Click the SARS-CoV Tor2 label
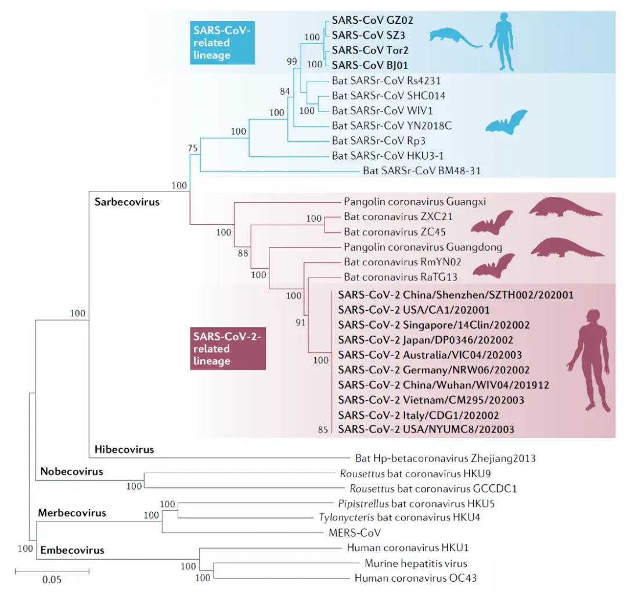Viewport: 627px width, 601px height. point(370,50)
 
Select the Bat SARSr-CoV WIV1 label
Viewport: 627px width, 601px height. point(382,110)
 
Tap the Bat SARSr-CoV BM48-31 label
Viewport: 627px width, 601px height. point(421,171)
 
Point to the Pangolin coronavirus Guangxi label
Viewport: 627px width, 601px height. point(415,201)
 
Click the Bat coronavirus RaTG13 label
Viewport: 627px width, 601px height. point(400,277)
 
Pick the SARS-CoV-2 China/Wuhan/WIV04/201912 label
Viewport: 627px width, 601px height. point(443,384)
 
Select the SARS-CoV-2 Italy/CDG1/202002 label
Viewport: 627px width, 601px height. point(418,415)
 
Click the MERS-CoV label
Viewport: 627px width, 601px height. point(354,532)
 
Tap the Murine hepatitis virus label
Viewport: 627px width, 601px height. point(416,563)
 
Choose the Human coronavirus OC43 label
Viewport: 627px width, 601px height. point(416,578)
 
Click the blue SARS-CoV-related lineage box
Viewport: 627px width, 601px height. point(222,42)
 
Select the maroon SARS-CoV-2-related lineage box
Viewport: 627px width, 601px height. point(228,348)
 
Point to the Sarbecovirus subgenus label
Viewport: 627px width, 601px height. point(127,202)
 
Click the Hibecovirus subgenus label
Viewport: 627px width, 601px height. point(124,449)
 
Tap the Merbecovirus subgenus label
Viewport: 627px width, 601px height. point(72,513)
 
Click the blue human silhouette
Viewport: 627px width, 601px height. point(503,42)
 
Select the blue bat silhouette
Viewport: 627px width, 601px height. point(506,121)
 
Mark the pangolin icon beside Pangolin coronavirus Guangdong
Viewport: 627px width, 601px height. point(567,247)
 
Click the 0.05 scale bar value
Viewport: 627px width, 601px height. point(52,580)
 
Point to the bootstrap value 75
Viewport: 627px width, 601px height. point(193,148)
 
